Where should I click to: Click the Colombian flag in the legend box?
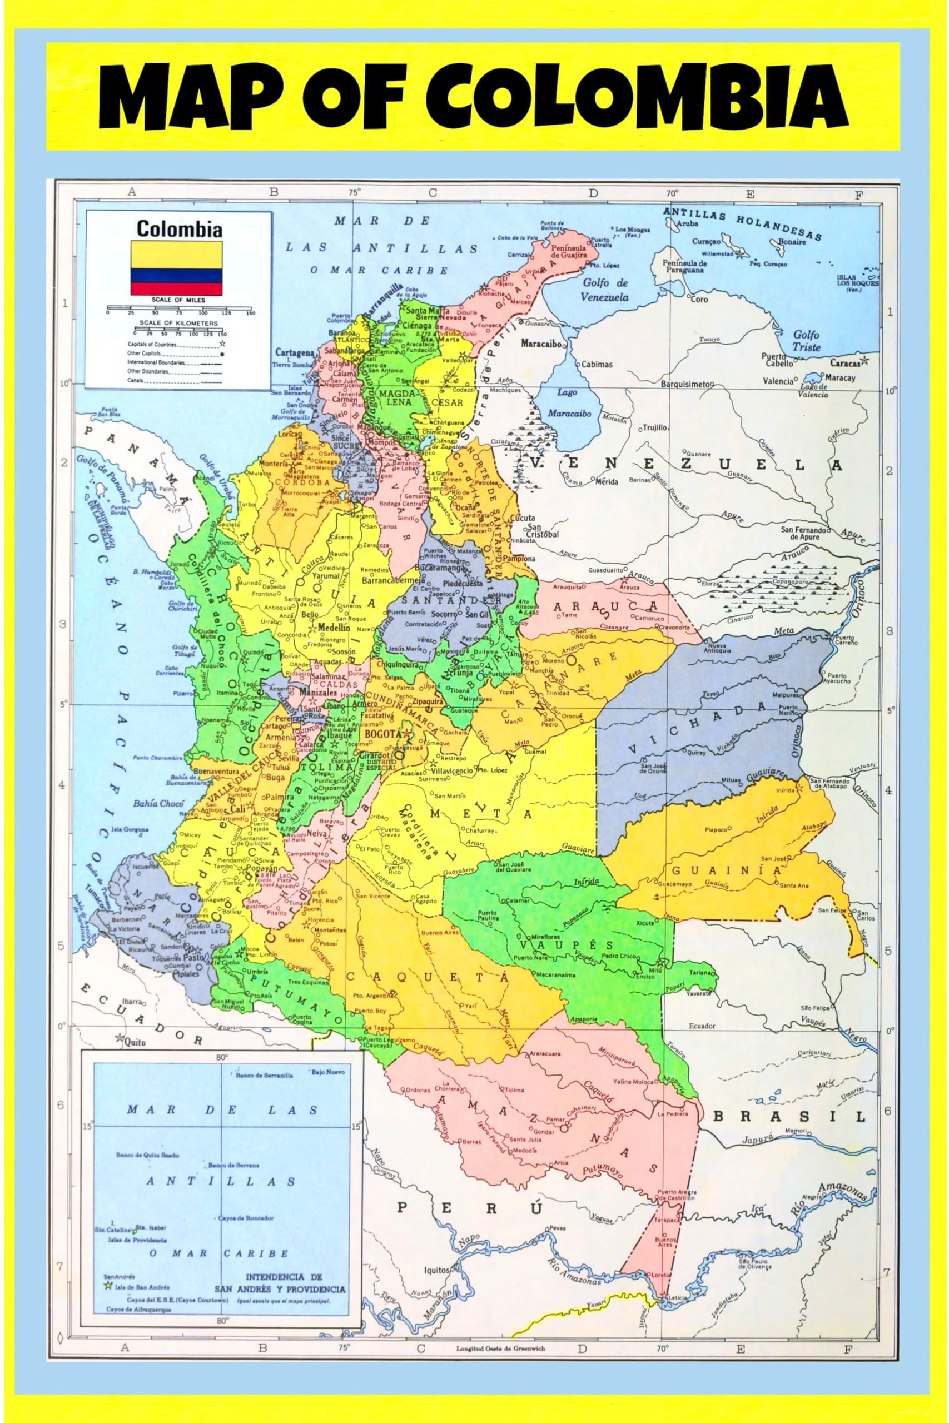[x=177, y=268]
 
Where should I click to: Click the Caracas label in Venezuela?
[x=846, y=363]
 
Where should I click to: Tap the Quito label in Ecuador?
[x=135, y=1042]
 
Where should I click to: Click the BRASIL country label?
[x=798, y=1116]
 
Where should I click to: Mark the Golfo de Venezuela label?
[x=605, y=290]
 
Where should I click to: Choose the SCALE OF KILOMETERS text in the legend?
[x=178, y=323]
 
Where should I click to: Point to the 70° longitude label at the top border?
[x=672, y=193]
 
